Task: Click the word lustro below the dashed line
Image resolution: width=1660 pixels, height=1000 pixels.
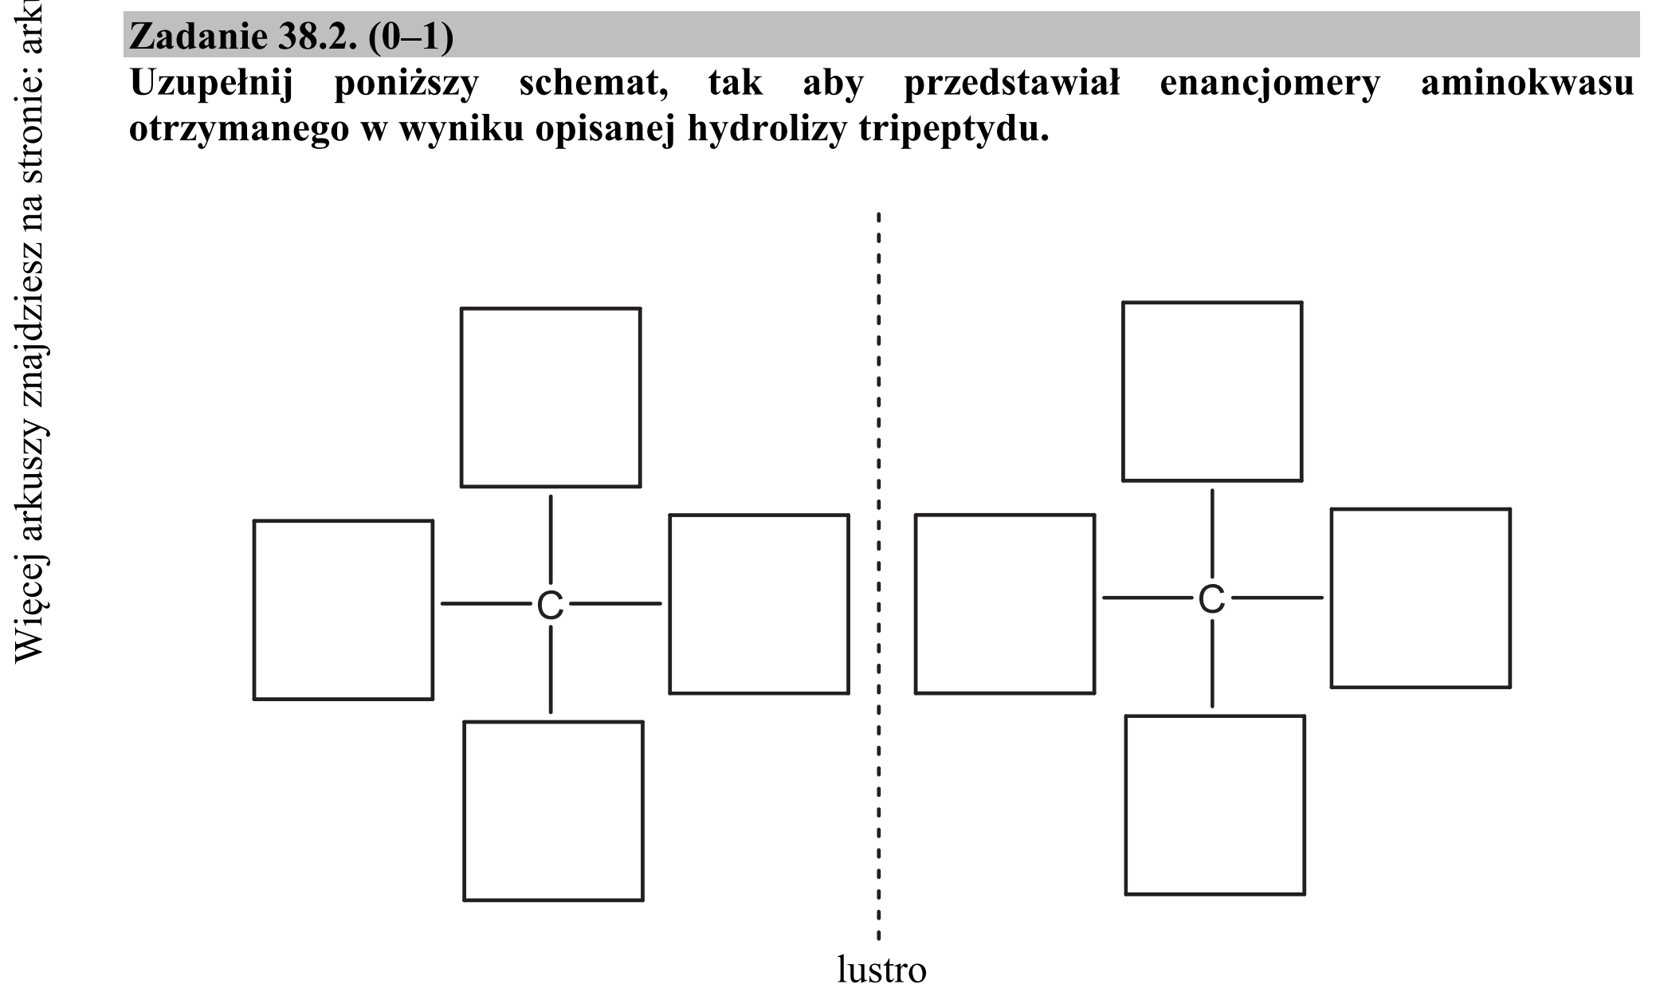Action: coord(881,970)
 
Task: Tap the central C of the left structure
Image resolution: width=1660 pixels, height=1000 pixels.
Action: coord(550,606)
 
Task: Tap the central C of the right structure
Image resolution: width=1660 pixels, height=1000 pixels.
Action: coord(1211,599)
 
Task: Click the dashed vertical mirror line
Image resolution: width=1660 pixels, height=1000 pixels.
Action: coord(878,576)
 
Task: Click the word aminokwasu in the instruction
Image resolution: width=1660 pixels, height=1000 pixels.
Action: coord(1527,82)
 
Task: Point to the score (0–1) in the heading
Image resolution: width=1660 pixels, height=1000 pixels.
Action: coord(412,36)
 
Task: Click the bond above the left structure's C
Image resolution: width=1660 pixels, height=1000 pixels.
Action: coord(551,540)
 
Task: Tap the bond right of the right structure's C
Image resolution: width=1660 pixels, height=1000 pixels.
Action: coord(1277,598)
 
